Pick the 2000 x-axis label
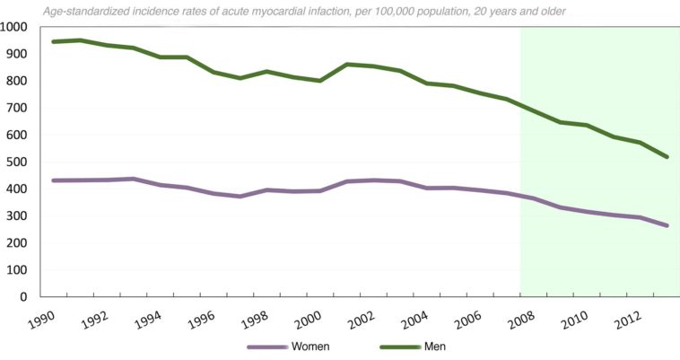tap(307, 320)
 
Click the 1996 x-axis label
tap(202, 320)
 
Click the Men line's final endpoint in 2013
tap(667, 157)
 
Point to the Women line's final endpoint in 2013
tap(667, 225)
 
